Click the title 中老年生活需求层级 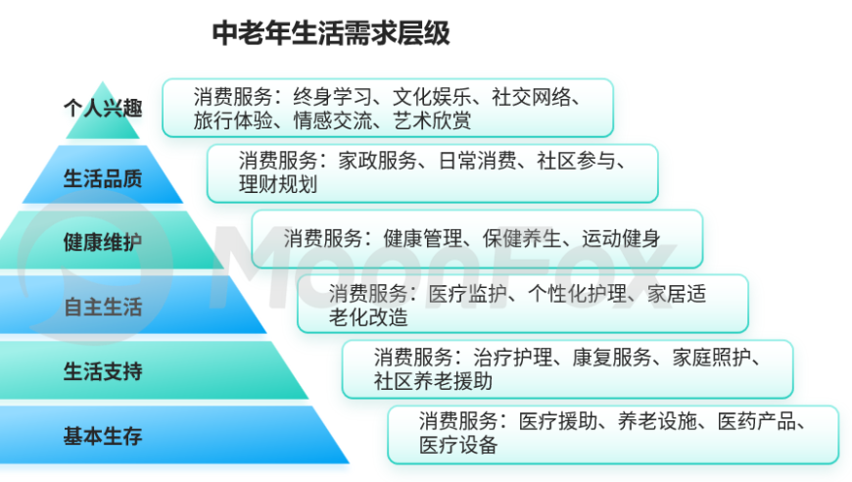point(331,33)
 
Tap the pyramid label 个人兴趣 point(103,108)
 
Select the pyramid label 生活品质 point(103,178)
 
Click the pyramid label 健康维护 point(103,242)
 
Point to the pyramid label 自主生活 point(103,307)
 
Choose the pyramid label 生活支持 point(103,371)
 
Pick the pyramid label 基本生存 point(103,436)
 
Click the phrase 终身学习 point(333,97)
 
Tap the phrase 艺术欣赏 point(433,120)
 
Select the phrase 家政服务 point(378,161)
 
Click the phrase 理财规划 point(278,185)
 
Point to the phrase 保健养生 point(522,239)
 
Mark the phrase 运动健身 point(622,239)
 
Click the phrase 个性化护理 point(578,294)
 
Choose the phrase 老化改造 point(368,317)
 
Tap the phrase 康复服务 point(612,358)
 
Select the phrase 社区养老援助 point(433,381)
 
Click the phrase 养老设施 point(657,421)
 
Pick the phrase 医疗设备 point(458,446)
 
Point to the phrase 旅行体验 point(233,120)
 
